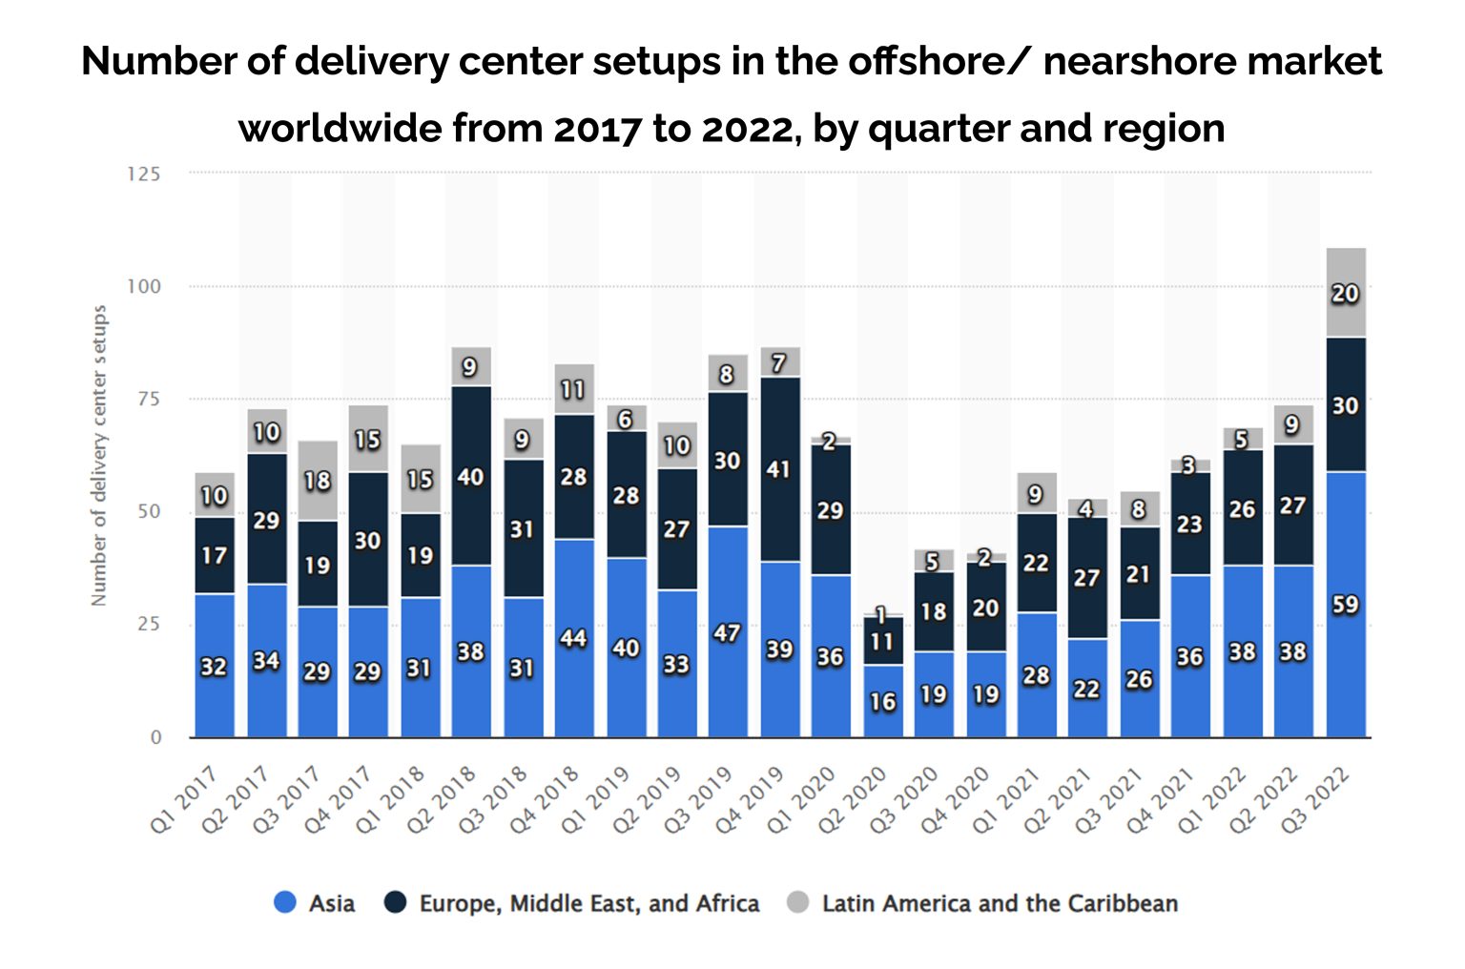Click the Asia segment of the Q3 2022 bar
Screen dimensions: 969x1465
tap(1345, 604)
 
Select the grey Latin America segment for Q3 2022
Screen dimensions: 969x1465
tap(1345, 293)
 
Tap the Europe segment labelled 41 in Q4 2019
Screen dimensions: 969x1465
tap(780, 469)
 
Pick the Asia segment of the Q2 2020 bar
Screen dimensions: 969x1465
tap(882, 701)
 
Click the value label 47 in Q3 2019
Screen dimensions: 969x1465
tap(727, 632)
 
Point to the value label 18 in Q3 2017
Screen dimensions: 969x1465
tap(318, 480)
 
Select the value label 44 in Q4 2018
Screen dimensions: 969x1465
tap(573, 637)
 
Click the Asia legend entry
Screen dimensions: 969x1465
tap(315, 902)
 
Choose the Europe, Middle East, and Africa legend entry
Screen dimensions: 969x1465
tap(572, 902)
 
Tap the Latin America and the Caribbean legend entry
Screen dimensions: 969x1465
tap(982, 902)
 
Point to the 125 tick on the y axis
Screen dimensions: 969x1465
tap(143, 174)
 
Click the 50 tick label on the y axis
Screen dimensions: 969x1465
tap(149, 511)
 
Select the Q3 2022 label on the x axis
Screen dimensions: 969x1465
tap(1316, 798)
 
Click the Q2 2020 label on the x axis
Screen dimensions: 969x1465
tap(855, 798)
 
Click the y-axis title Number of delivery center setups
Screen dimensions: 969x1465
tap(99, 455)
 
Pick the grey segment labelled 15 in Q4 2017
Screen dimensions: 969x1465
tap(368, 439)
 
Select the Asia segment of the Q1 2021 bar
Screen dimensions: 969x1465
tap(1037, 674)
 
